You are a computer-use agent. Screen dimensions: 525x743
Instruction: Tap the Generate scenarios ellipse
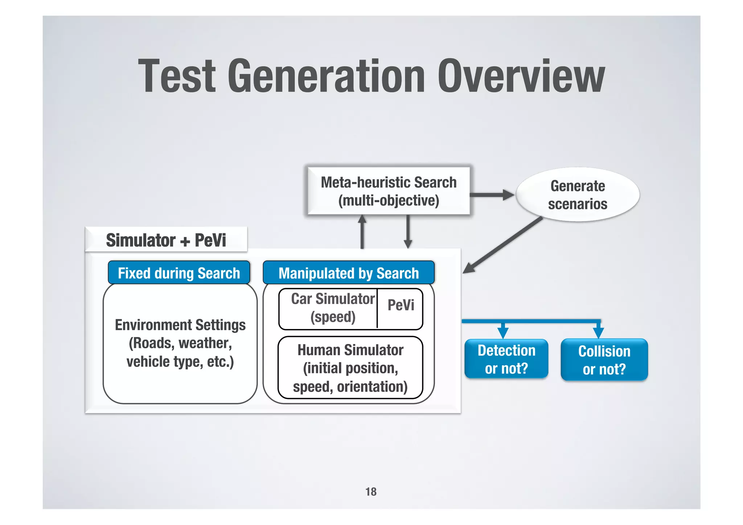[578, 195]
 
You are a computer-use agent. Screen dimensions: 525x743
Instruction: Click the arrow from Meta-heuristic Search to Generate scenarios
[492, 195]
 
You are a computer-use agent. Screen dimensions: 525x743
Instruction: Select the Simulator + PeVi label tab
[166, 240]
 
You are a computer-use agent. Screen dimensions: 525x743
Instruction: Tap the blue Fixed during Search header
[179, 273]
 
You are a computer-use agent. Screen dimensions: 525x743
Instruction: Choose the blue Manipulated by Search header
[349, 273]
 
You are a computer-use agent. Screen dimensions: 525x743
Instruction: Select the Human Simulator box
[350, 368]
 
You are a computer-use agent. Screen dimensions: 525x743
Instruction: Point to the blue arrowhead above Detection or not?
[503, 332]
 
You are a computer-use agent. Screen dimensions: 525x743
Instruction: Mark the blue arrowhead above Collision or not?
[598, 332]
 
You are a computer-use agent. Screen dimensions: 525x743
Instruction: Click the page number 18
[371, 492]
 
